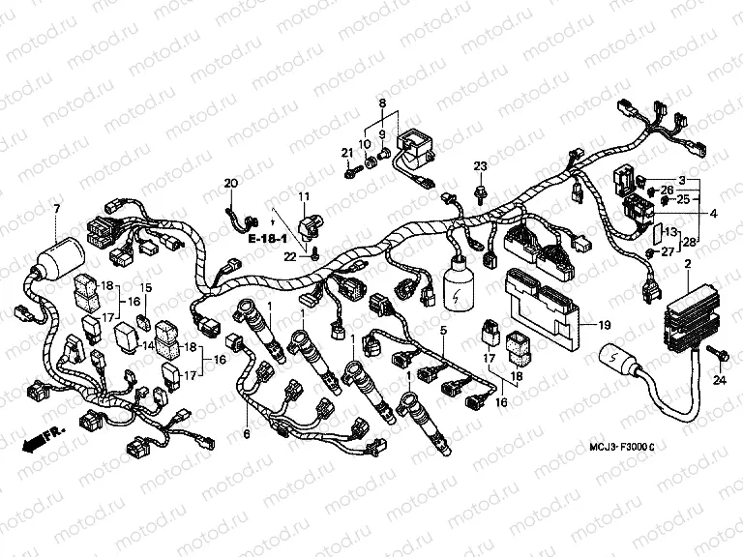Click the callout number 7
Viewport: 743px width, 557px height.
pyautogui.click(x=57, y=210)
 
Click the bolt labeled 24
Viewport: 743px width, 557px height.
pyautogui.click(x=713, y=350)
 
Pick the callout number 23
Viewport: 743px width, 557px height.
pyautogui.click(x=479, y=167)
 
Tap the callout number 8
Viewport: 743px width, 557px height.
pyautogui.click(x=382, y=103)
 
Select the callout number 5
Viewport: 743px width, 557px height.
pyautogui.click(x=443, y=332)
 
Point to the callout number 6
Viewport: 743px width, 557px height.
pyautogui.click(x=247, y=434)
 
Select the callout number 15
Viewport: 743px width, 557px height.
pyautogui.click(x=148, y=288)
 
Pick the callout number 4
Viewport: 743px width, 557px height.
pyautogui.click(x=714, y=213)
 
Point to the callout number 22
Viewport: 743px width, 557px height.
pyautogui.click(x=288, y=255)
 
